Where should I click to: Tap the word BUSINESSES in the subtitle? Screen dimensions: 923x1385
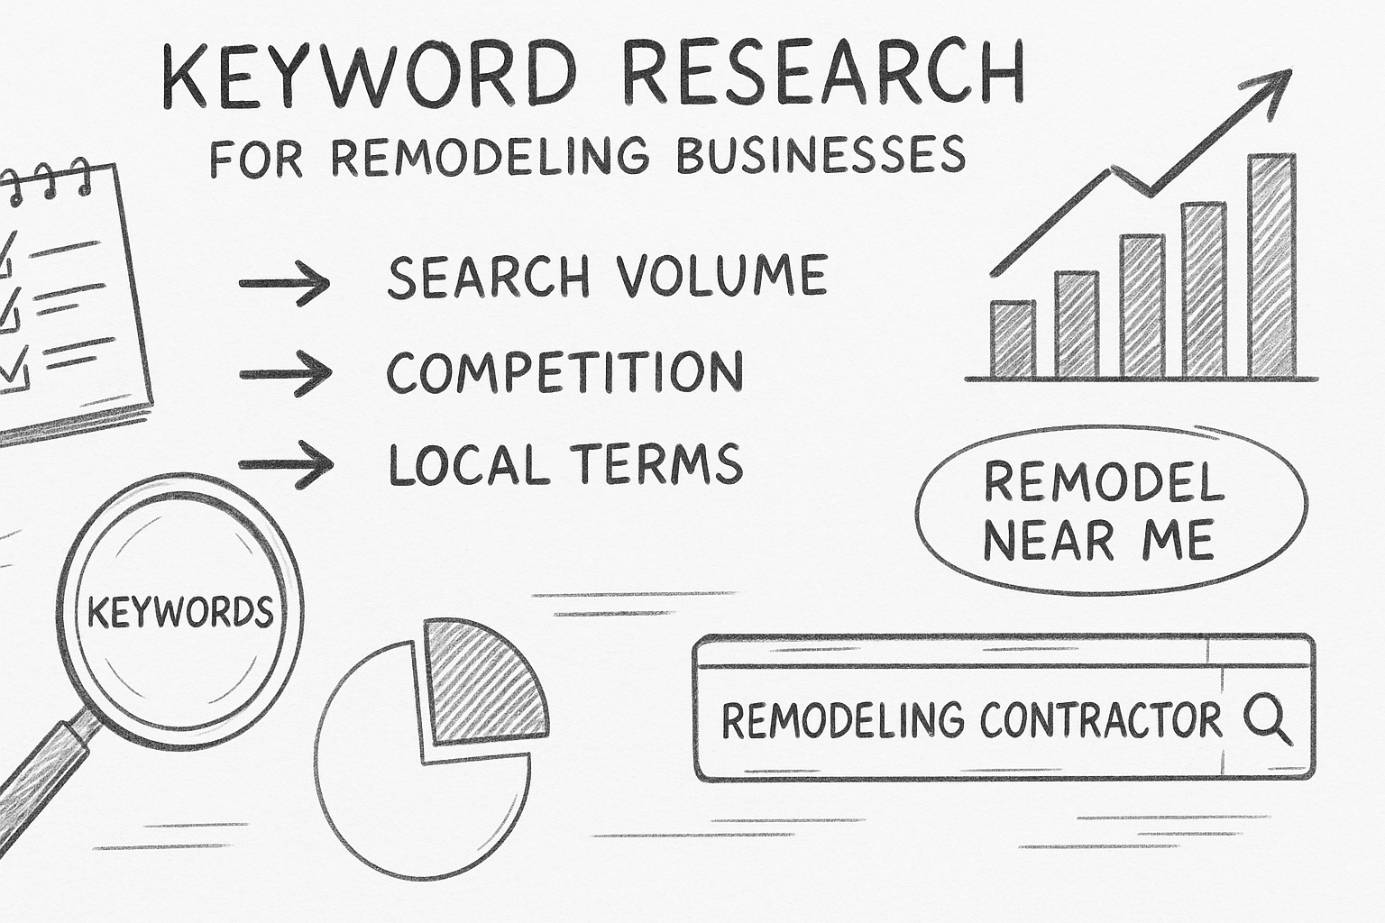tap(820, 156)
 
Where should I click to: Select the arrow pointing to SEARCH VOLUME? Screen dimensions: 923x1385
tap(285, 284)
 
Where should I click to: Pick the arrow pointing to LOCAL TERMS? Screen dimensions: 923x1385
tap(285, 465)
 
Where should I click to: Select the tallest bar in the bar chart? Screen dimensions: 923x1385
tap(1271, 265)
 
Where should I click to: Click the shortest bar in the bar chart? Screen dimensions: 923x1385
tap(1013, 339)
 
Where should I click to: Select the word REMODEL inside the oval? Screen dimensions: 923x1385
tap(1104, 483)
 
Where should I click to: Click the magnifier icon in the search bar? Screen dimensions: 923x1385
tap(1267, 720)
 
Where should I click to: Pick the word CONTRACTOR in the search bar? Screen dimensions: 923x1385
tap(1100, 720)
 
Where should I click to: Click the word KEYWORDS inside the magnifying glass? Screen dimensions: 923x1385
tap(179, 613)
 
